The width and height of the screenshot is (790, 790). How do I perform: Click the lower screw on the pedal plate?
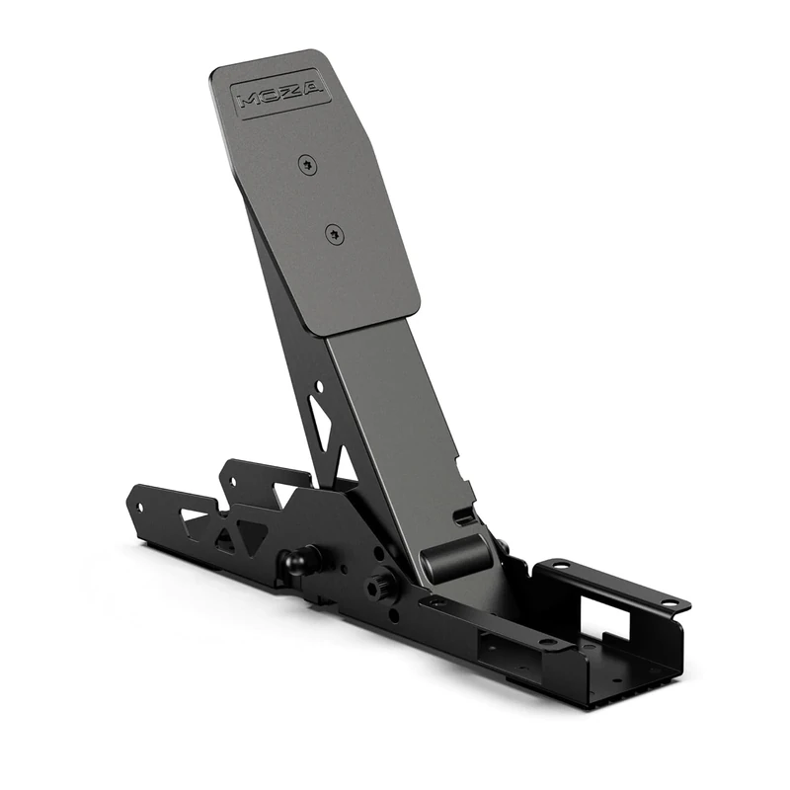point(334,234)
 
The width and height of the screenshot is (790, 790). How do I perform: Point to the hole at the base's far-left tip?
point(139,507)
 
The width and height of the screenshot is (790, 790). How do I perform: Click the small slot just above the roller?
point(464,516)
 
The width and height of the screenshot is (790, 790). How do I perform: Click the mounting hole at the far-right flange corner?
point(671,601)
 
